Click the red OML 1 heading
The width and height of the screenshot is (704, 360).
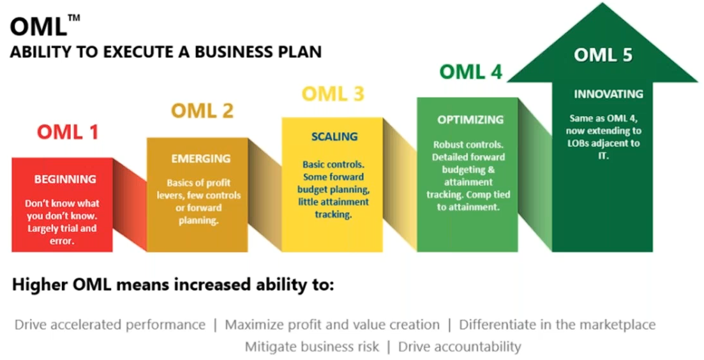pyautogui.click(x=68, y=132)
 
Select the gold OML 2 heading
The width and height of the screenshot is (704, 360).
pyautogui.click(x=202, y=110)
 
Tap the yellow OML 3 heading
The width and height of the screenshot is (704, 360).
pyautogui.click(x=333, y=93)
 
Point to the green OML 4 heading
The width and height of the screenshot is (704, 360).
pyautogui.click(x=470, y=71)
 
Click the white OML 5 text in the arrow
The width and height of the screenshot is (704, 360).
pyautogui.click(x=603, y=55)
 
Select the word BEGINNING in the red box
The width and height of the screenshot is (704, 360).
pyautogui.click(x=65, y=179)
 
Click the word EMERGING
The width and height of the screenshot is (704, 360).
pyautogui.click(x=200, y=158)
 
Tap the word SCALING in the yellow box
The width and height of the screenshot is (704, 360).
pyautogui.click(x=334, y=137)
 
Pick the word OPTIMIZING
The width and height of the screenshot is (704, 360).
pyautogui.click(x=470, y=119)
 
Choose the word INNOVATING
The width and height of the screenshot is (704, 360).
pyautogui.click(x=608, y=94)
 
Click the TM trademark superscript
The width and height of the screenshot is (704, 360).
pyautogui.click(x=74, y=17)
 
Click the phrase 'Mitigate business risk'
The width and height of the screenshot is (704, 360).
pyautogui.click(x=312, y=347)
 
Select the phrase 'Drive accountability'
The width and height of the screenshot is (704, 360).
pyautogui.click(x=460, y=347)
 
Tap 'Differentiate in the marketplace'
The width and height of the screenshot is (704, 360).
pyautogui.click(x=557, y=324)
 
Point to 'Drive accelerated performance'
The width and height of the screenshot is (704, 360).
pyautogui.click(x=110, y=324)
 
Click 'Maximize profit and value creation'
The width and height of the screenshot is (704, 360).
pyautogui.click(x=333, y=324)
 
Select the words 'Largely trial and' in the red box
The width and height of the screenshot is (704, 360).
pyautogui.click(x=62, y=229)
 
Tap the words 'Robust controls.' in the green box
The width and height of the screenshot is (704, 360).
pyautogui.click(x=468, y=144)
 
